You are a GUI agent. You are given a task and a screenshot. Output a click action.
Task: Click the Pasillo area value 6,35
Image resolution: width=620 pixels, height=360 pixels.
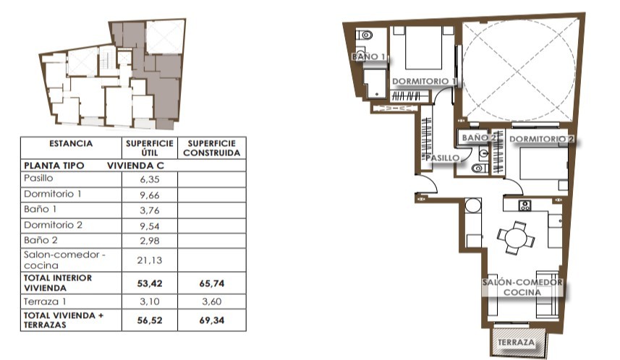tap(150, 179)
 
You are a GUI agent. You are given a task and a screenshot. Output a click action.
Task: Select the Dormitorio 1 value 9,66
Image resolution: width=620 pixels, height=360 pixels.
tap(150, 194)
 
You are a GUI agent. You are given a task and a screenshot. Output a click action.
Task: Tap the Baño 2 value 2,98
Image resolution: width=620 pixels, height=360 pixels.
tap(150, 241)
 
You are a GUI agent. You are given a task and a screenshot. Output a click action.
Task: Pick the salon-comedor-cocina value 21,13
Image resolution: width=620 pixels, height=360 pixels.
tap(150, 260)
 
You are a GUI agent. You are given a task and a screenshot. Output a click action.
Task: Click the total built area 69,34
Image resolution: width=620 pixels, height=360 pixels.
tap(211, 320)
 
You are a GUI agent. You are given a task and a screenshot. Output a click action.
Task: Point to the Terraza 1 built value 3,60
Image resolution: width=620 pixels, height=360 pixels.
tap(211, 301)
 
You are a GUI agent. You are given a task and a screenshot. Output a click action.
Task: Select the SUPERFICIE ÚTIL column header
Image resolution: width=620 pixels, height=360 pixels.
tap(150, 147)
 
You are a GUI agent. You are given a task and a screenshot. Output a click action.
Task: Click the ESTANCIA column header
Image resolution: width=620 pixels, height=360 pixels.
tap(71, 143)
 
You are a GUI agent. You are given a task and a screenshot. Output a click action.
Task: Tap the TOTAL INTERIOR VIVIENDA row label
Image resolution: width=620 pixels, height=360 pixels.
tap(58, 283)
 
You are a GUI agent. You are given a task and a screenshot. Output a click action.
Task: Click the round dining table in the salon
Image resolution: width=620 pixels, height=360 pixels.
tap(516, 239)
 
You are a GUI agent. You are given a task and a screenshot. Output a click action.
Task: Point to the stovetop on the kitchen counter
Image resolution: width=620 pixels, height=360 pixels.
tap(525, 205)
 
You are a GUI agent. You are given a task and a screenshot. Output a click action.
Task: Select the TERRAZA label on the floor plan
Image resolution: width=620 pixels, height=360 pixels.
tap(516, 342)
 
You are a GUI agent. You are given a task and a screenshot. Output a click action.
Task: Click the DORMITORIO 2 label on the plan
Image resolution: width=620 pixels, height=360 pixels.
tap(541, 139)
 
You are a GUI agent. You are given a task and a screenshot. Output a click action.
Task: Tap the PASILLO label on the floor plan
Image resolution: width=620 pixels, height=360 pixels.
tap(443, 158)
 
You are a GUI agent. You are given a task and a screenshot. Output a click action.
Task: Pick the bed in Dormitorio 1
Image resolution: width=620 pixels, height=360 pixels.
tap(423, 48)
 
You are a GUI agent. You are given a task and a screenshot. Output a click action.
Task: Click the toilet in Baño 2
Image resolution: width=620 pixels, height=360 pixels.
tap(480, 168)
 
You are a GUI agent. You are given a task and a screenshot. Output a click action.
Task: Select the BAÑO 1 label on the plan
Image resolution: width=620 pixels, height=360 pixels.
tap(368, 56)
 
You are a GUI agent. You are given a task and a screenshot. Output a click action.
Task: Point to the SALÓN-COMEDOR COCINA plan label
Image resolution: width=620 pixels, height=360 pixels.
tap(522, 287)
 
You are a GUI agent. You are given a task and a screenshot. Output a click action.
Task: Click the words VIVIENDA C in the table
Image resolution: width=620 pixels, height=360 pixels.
tap(135, 166)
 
